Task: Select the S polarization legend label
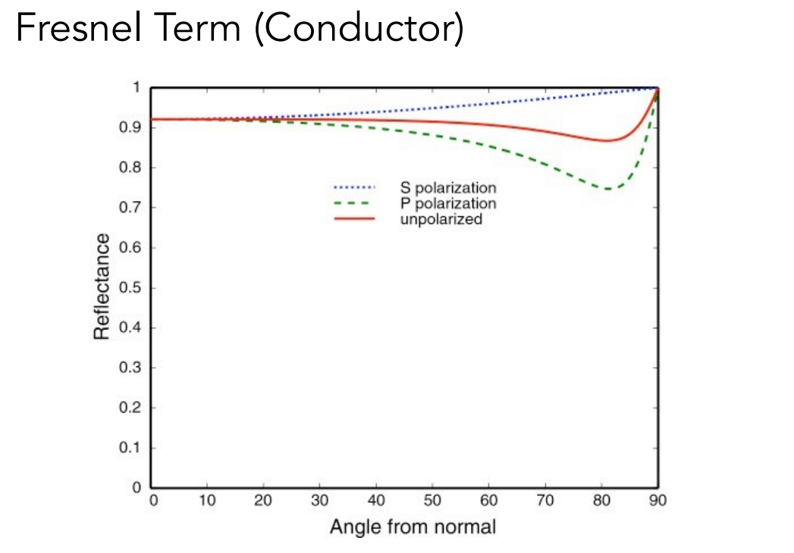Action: (x=449, y=187)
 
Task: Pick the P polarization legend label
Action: (x=449, y=203)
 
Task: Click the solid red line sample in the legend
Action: (x=354, y=219)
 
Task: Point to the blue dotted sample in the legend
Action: (x=354, y=187)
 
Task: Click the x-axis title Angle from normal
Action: (x=413, y=526)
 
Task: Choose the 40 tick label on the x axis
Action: (x=377, y=501)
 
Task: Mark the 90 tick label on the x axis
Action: (x=657, y=501)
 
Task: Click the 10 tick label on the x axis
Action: (x=208, y=501)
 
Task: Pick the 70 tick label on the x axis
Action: (x=545, y=501)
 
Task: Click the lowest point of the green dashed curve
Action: (x=608, y=189)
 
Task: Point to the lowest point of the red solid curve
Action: (x=608, y=140)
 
